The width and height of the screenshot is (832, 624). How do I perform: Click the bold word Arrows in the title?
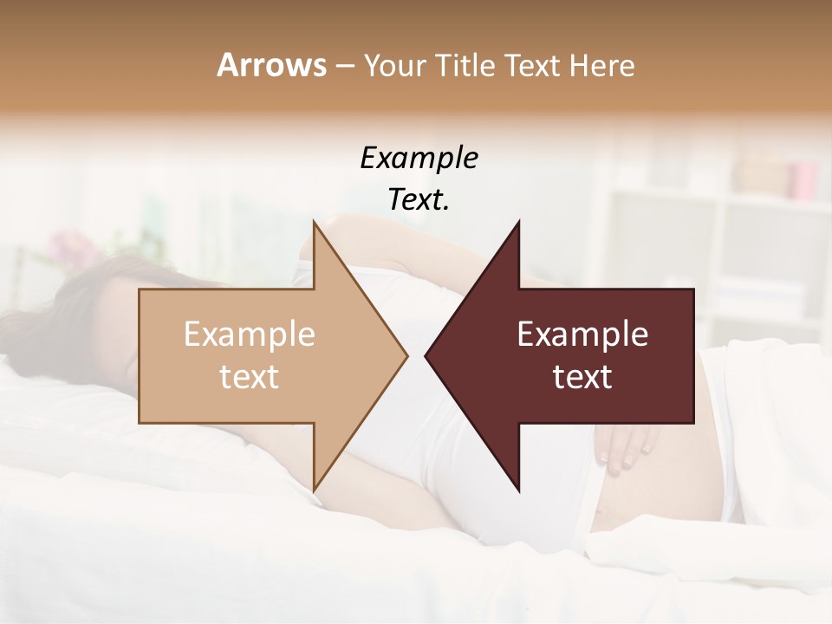[x=271, y=65]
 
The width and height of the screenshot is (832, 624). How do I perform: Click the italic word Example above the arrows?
[x=419, y=158]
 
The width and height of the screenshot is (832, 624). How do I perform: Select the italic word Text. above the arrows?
[x=419, y=199]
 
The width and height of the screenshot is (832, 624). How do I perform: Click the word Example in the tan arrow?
[x=250, y=335]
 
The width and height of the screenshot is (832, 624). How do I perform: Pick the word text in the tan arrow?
[x=250, y=377]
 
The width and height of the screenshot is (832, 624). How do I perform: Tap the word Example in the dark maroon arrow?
[x=582, y=335]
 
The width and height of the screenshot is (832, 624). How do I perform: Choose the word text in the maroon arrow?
[x=582, y=377]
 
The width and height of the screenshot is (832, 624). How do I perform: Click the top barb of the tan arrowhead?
[x=315, y=227]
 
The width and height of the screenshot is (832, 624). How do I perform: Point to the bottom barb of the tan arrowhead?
[x=315, y=485]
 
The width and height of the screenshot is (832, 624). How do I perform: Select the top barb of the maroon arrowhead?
[x=517, y=227]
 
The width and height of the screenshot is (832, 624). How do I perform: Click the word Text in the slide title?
[x=535, y=65]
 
